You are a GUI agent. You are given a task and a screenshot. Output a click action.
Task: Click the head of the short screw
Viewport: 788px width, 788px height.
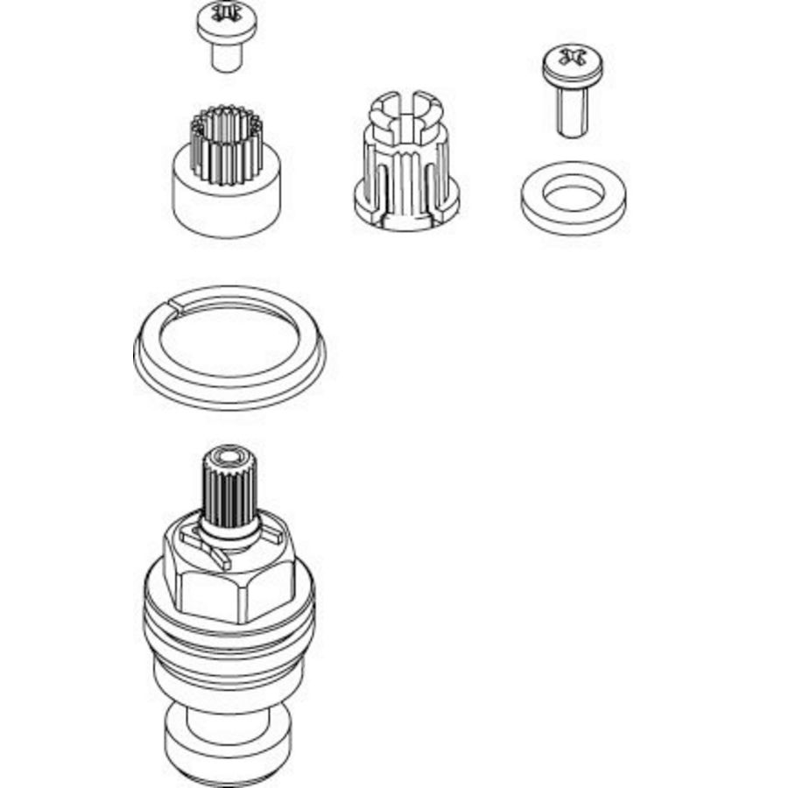(x=227, y=23)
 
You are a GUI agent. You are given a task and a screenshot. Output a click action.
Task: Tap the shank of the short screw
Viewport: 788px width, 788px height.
(x=227, y=58)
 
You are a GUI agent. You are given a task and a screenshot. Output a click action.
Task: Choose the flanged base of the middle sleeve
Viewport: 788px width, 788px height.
(x=405, y=210)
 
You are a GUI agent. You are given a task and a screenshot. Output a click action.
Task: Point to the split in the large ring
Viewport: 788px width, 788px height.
(x=178, y=305)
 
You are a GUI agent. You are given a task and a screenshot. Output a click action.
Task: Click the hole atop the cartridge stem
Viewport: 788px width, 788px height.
(x=229, y=458)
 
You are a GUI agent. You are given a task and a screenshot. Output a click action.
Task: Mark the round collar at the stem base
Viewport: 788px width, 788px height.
(x=229, y=536)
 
